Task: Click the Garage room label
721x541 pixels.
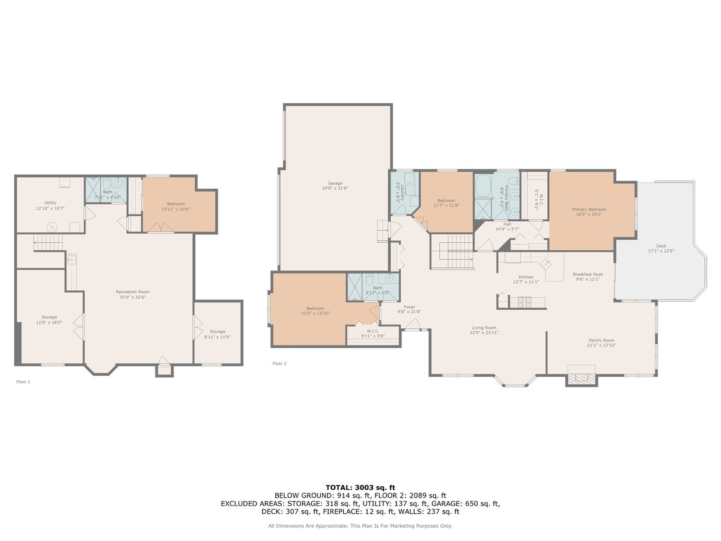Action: pyautogui.click(x=335, y=186)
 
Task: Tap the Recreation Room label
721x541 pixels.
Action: pyautogui.click(x=133, y=295)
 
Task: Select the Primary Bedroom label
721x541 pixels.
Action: pyautogui.click(x=588, y=212)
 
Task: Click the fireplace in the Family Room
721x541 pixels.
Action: pyautogui.click(x=581, y=377)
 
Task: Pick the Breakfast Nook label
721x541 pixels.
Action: pyautogui.click(x=588, y=277)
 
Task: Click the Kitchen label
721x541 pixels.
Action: pyautogui.click(x=525, y=280)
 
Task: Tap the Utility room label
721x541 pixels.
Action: pyautogui.click(x=50, y=206)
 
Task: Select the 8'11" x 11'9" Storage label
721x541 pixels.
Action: pyautogui.click(x=218, y=334)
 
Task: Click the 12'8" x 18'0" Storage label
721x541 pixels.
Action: pyautogui.click(x=49, y=320)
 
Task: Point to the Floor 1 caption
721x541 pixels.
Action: pyautogui.click(x=23, y=382)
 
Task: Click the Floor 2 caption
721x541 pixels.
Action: pyautogui.click(x=279, y=364)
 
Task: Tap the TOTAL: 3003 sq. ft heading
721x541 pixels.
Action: pyautogui.click(x=360, y=488)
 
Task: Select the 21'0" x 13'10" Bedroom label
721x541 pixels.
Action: pyautogui.click(x=315, y=310)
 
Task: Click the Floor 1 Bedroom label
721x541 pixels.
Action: pyautogui.click(x=176, y=206)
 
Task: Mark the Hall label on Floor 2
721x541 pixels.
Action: pyautogui.click(x=507, y=226)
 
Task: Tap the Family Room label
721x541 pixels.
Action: pyautogui.click(x=601, y=343)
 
